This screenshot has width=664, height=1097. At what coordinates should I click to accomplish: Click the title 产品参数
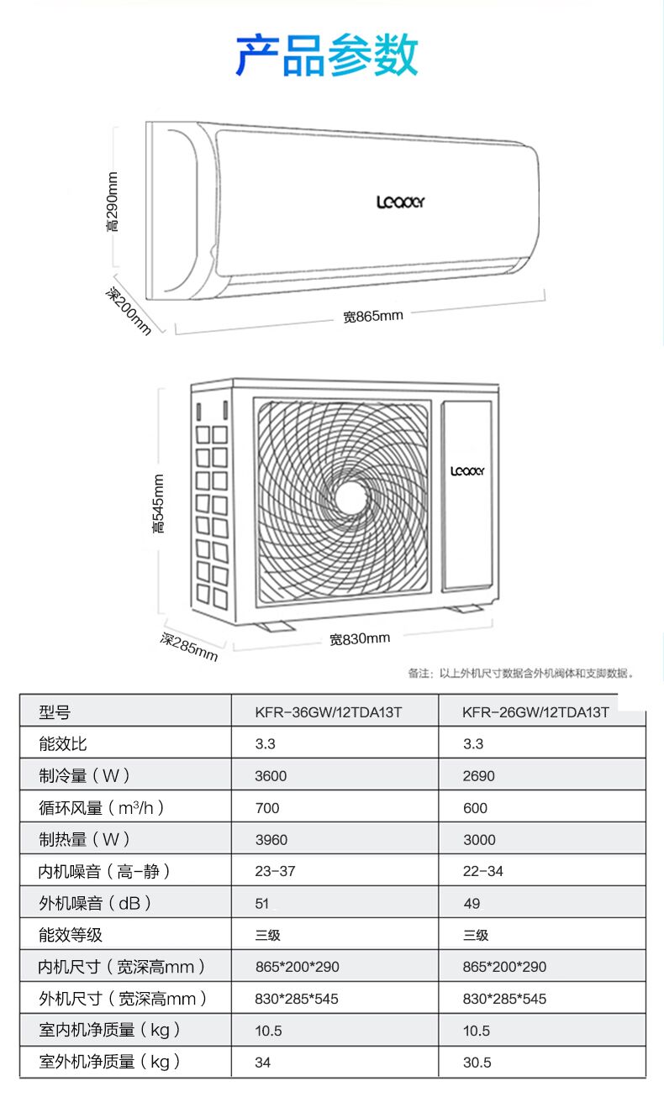pos(327,55)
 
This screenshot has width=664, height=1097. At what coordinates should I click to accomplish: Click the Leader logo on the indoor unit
pos(400,202)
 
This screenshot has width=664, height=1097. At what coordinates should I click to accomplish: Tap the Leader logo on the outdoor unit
pos(467,471)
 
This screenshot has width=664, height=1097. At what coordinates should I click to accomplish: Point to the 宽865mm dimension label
pos(373,317)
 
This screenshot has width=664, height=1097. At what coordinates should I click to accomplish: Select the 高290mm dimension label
pos(113,202)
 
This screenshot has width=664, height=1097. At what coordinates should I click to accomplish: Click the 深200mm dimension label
pos(129,312)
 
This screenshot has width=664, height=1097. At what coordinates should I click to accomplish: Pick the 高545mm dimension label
pos(158,503)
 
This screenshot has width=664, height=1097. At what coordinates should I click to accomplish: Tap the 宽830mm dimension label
pos(360,639)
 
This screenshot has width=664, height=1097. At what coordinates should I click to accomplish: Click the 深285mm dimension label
pos(189,647)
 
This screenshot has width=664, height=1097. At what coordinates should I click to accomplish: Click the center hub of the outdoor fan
pos(350,497)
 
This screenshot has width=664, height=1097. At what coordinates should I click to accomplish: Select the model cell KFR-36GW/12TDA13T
pos(329,712)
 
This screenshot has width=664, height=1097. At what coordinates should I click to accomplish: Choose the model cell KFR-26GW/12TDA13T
pos(535,712)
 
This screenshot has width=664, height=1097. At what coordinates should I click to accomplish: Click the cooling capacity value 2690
pos(479,776)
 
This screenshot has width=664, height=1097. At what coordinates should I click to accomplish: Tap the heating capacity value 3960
pos(271,840)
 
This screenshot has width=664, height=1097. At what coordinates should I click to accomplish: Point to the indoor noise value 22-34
pos(483,871)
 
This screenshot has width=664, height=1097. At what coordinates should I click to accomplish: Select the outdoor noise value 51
pos(261,904)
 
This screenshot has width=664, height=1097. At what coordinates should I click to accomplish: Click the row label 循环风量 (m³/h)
pos(102,807)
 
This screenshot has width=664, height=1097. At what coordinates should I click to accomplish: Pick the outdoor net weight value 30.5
pos(477,1063)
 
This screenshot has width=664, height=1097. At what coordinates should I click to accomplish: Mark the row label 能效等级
pos(71,935)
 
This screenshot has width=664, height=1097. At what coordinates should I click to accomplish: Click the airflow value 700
pos(267,808)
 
